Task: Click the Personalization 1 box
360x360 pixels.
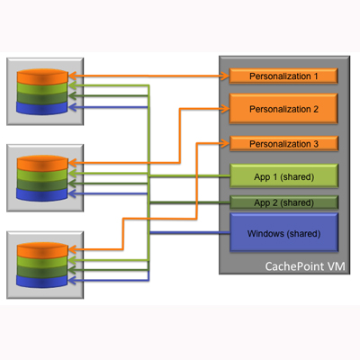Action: point(283,76)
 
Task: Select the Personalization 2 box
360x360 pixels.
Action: point(283,109)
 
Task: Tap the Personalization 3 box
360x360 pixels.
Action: point(283,144)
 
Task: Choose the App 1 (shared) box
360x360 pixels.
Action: point(283,176)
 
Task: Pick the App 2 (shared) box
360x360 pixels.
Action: point(283,202)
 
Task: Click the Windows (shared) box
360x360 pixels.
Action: point(283,232)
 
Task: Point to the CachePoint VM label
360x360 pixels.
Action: point(305,266)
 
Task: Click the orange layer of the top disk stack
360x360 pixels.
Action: point(42,76)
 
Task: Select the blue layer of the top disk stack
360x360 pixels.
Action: point(42,108)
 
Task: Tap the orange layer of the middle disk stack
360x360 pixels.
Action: point(42,164)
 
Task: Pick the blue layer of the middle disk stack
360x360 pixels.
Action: point(42,194)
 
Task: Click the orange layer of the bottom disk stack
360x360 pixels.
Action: point(42,250)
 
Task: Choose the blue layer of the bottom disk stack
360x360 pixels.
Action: point(42,282)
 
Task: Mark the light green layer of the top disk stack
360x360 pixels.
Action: point(42,88)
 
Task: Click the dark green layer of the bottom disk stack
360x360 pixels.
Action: point(42,271)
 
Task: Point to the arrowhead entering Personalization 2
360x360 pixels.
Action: point(225,109)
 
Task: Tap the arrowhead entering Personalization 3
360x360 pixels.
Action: point(225,143)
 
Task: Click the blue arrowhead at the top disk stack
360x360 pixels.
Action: point(73,107)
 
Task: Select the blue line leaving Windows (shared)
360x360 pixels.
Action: point(190,233)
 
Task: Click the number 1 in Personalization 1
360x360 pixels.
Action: point(316,76)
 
